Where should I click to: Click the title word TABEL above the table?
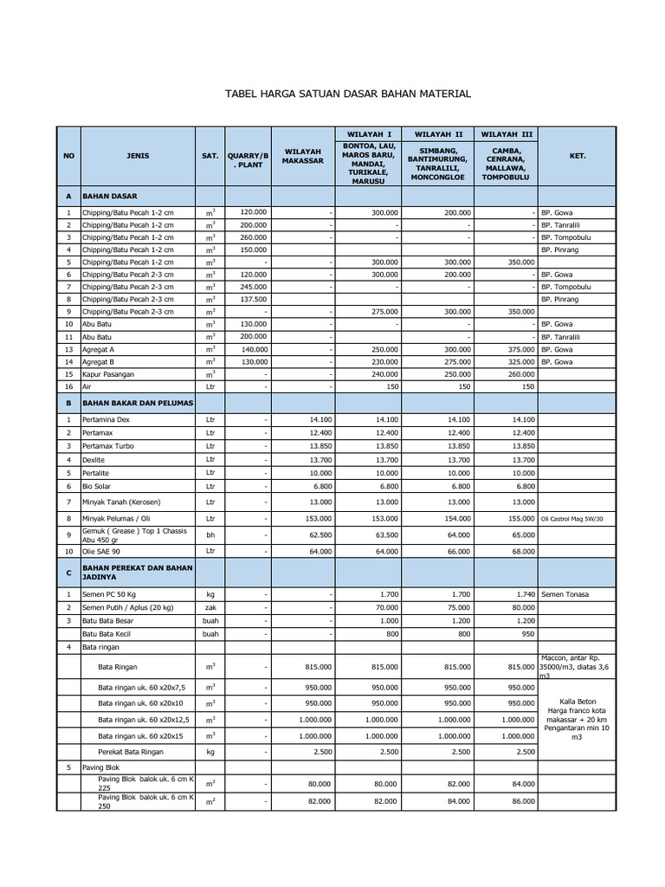tap(243, 94)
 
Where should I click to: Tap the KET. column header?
tap(577, 156)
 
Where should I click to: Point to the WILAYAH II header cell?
tap(438, 134)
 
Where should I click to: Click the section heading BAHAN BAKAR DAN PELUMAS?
tap(138, 404)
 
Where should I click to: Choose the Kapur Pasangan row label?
tap(109, 374)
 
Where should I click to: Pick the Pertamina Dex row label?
tap(107, 419)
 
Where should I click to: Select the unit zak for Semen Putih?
tap(210, 608)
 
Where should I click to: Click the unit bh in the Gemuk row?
tap(210, 535)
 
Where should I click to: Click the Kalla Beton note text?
tap(577, 701)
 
